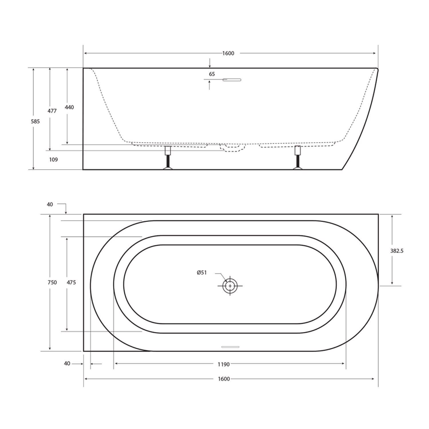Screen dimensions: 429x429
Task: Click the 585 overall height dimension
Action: pyautogui.click(x=35, y=121)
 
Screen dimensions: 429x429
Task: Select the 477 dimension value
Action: pyautogui.click(x=52, y=111)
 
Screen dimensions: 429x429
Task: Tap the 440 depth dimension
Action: pyautogui.click(x=69, y=107)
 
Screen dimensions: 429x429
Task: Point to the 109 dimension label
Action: pyautogui.click(x=53, y=160)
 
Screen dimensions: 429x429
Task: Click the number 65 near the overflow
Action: pyautogui.click(x=212, y=74)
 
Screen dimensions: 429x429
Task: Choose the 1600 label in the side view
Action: pyautogui.click(x=228, y=53)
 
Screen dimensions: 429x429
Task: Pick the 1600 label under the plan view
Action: pyautogui.click(x=224, y=379)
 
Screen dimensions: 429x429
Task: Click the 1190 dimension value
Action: pyautogui.click(x=224, y=364)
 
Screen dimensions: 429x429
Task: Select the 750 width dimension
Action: pyautogui.click(x=52, y=283)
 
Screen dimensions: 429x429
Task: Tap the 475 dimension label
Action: pyautogui.click(x=71, y=283)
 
